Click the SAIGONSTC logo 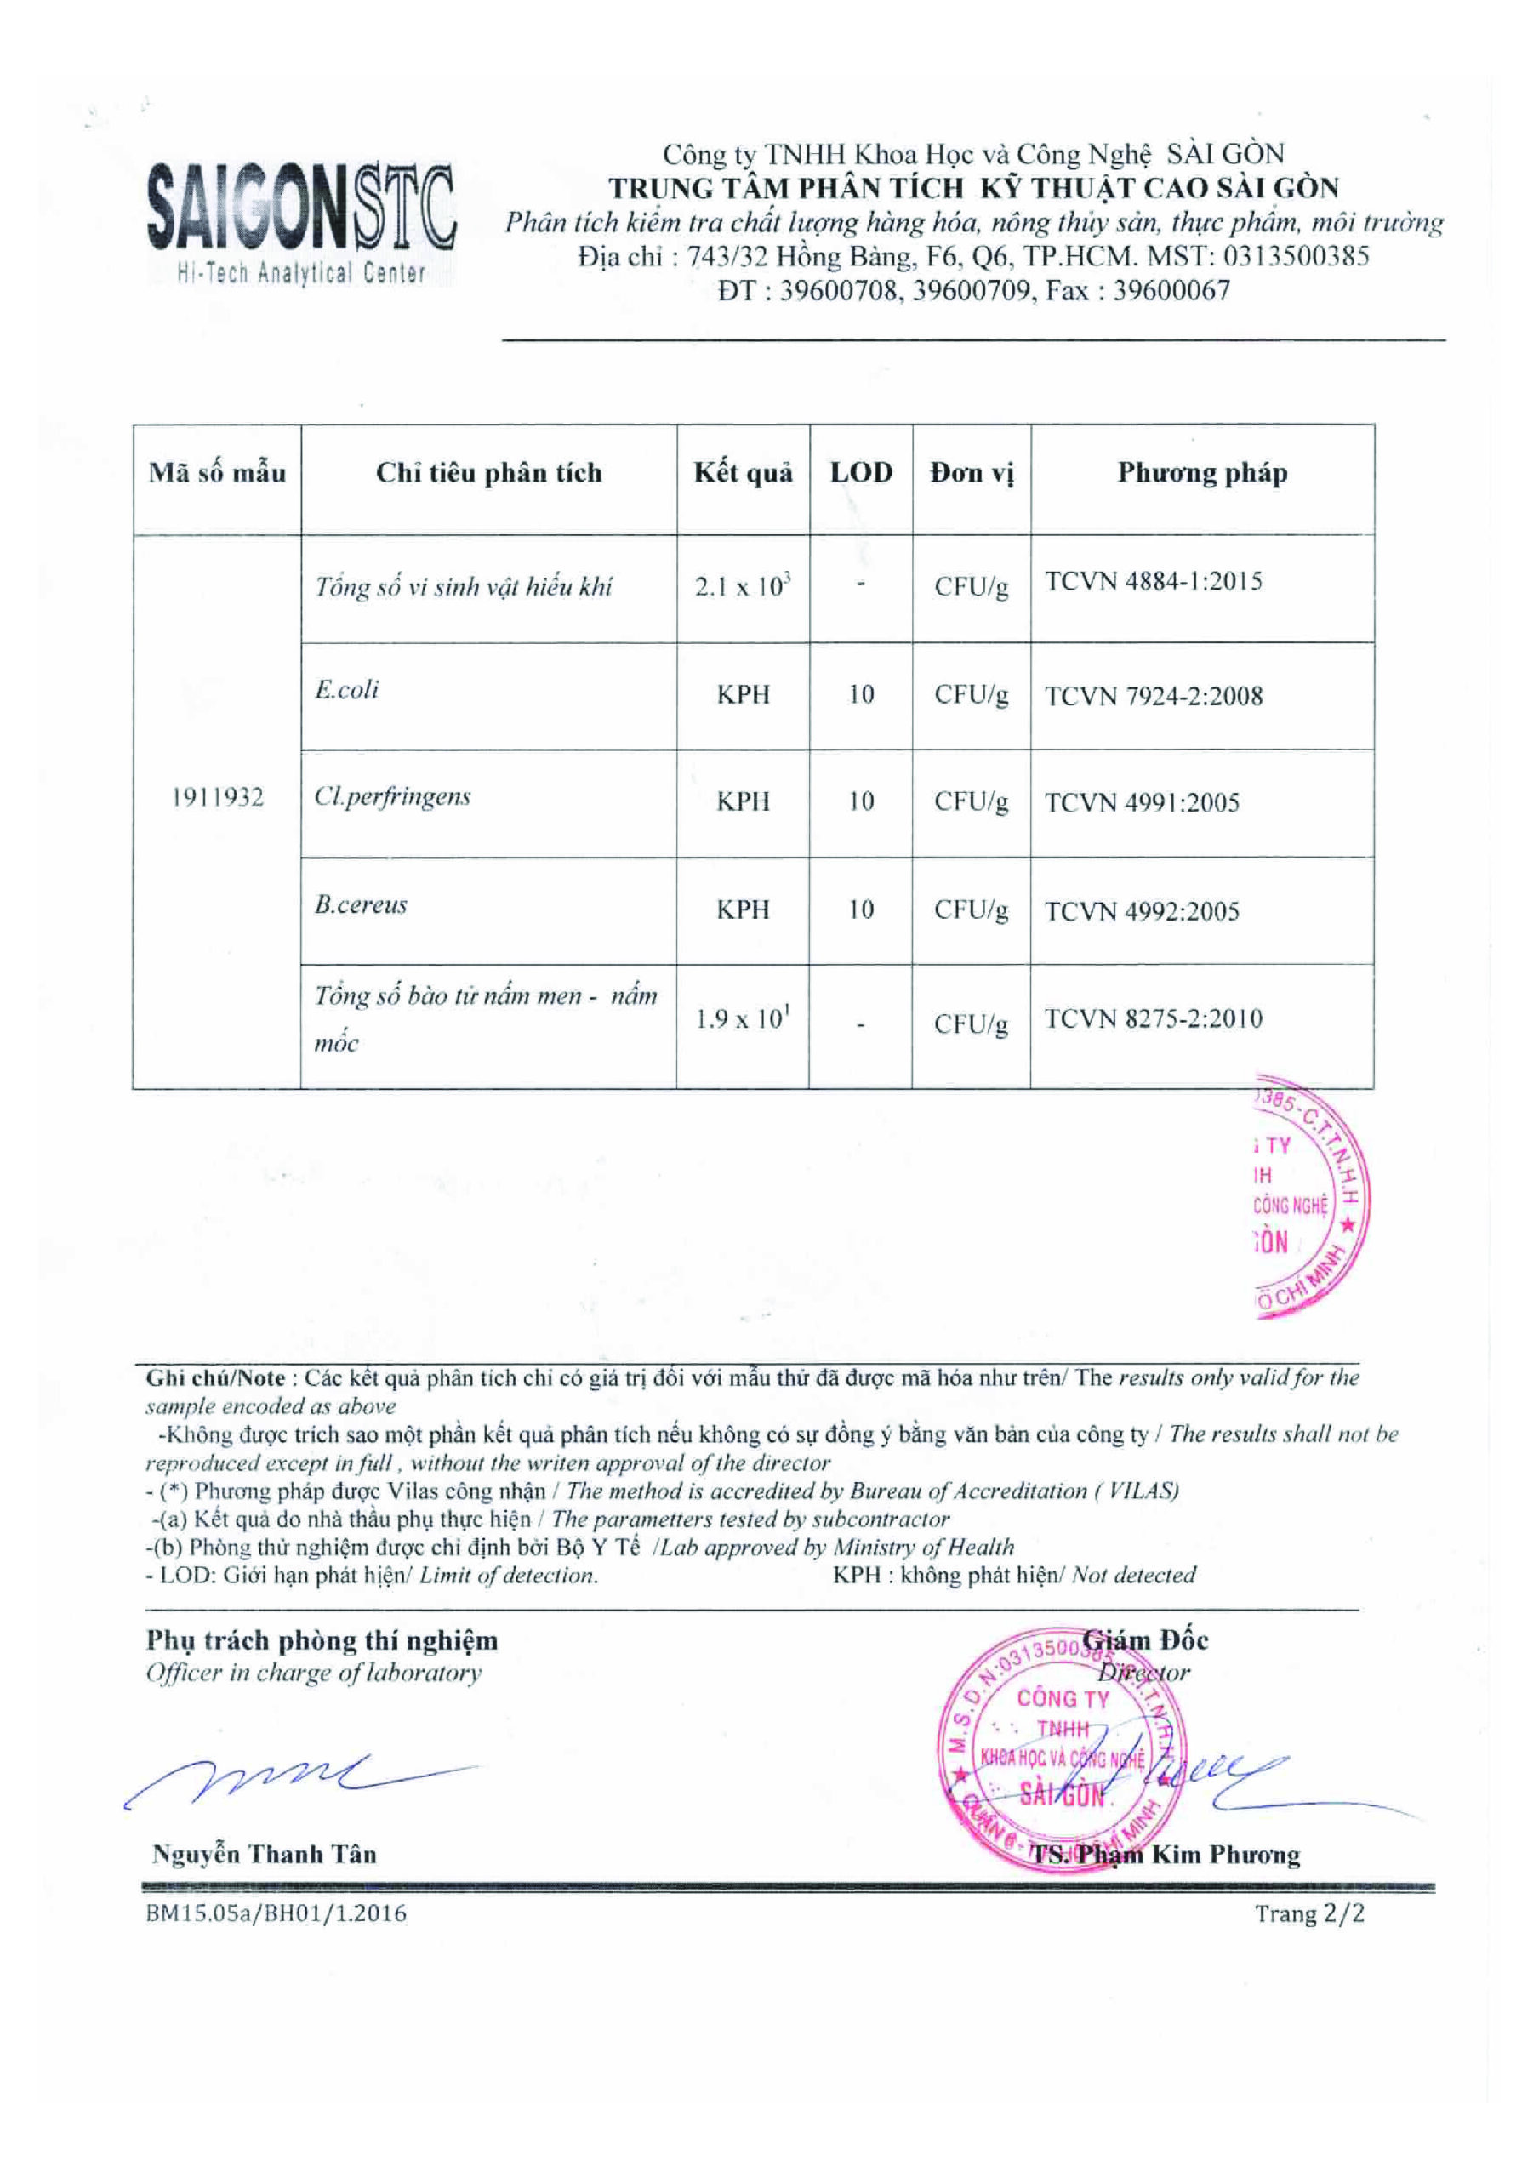[x=302, y=222]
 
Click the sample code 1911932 [x=217, y=798]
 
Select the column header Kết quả [x=743, y=473]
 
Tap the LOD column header [x=862, y=472]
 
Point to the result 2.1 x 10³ [x=743, y=585]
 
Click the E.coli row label [x=347, y=690]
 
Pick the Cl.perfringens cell [x=392, y=797]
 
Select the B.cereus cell [x=361, y=905]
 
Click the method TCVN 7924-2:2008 [x=1154, y=696]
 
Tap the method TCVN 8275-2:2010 [x=1154, y=1018]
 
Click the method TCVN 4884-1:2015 [x=1154, y=581]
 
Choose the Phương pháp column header [x=1202, y=472]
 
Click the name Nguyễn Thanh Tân [x=264, y=1855]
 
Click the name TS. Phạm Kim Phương [x=1166, y=1856]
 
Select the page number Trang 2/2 [x=1309, y=1913]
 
